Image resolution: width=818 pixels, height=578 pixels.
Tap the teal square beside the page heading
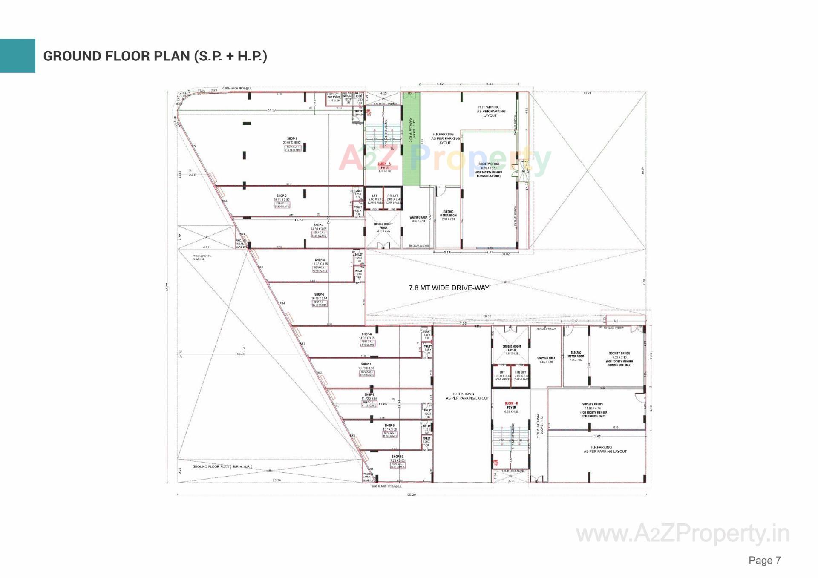click(17, 56)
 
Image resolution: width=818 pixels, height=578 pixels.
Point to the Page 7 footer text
click(765, 560)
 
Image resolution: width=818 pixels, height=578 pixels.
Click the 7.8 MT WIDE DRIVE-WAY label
click(449, 288)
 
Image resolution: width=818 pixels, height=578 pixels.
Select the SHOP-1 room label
click(292, 139)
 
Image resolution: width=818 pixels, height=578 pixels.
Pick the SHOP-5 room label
click(319, 294)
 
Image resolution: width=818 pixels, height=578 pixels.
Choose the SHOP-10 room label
click(397, 457)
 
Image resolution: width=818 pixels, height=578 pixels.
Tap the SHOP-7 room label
click(366, 364)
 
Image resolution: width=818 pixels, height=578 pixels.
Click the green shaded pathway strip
click(412, 141)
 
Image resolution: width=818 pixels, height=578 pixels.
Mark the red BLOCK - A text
click(384, 164)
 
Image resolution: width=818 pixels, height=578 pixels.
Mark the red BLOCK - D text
click(511, 403)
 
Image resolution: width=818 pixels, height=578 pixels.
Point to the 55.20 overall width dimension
click(411, 495)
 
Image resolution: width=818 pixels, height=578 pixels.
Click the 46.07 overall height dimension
click(167, 288)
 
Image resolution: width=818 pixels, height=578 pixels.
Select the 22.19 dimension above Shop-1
click(271, 110)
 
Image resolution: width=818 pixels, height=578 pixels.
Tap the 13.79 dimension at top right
click(587, 93)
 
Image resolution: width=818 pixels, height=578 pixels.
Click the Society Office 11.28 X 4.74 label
click(593, 408)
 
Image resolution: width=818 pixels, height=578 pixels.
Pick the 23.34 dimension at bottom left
click(277, 480)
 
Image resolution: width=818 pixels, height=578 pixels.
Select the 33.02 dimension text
click(505, 254)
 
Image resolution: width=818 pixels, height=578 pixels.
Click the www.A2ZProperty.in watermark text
click(683, 534)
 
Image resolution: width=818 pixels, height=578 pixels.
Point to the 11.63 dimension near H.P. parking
click(596, 437)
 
